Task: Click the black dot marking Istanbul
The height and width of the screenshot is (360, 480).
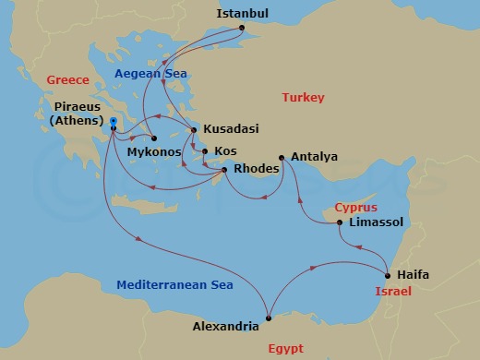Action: coord(242,28)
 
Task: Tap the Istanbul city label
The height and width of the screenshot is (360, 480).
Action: coord(242,14)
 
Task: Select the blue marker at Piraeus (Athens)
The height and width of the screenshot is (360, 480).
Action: coord(112,123)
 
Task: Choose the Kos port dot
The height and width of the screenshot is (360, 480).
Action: coord(205,150)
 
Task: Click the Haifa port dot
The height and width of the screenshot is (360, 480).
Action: coord(387,275)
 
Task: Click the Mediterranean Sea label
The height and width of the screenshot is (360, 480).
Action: coord(168,285)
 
